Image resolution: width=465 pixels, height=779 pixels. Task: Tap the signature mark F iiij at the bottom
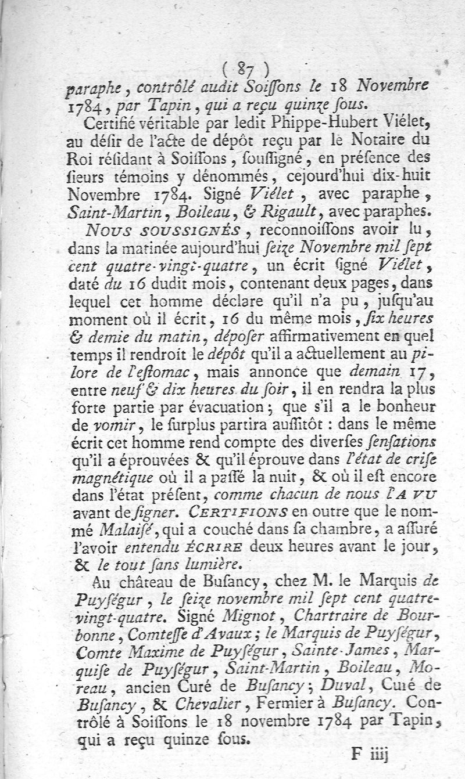[369, 753]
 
